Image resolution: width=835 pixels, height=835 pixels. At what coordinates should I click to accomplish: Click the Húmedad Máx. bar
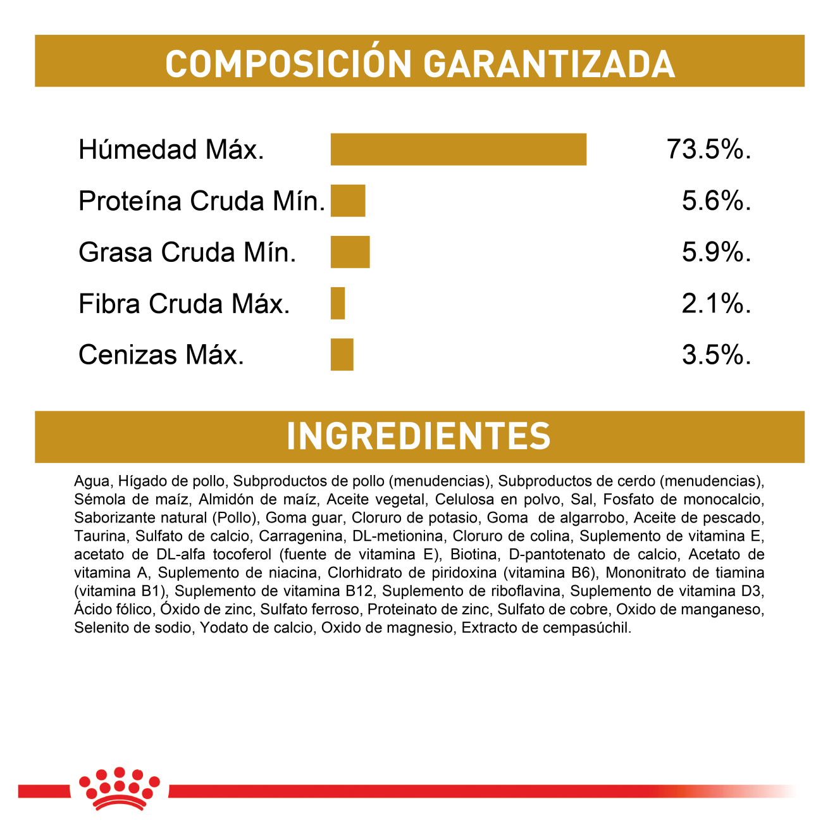458,149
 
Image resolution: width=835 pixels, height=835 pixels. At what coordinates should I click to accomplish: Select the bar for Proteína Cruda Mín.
348,201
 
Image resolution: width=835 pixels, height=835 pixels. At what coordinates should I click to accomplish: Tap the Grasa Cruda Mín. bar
350,252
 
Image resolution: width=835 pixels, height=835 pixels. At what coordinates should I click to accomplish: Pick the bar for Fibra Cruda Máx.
338,303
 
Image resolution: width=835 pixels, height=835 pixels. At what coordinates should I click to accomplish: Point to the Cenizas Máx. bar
342,354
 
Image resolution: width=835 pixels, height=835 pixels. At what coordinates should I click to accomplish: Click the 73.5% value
708,150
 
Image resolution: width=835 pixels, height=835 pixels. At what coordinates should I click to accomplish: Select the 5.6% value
716,201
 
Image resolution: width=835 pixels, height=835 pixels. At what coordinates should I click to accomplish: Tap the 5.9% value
716,252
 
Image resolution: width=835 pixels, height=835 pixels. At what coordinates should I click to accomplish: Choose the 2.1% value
716,304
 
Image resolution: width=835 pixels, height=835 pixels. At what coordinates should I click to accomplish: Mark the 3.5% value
716,355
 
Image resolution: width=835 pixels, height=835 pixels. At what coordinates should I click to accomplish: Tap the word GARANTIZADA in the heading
548,64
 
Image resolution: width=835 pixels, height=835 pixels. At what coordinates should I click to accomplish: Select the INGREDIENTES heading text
419,436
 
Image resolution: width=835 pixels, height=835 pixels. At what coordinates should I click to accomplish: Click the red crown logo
119,788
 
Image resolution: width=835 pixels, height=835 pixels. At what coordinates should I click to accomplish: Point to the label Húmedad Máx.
171,150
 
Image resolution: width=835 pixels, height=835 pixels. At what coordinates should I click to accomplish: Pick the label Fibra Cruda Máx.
184,304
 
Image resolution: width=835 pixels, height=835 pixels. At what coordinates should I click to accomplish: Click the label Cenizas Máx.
161,355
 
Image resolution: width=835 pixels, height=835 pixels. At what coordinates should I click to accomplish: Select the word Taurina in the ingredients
100,536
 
